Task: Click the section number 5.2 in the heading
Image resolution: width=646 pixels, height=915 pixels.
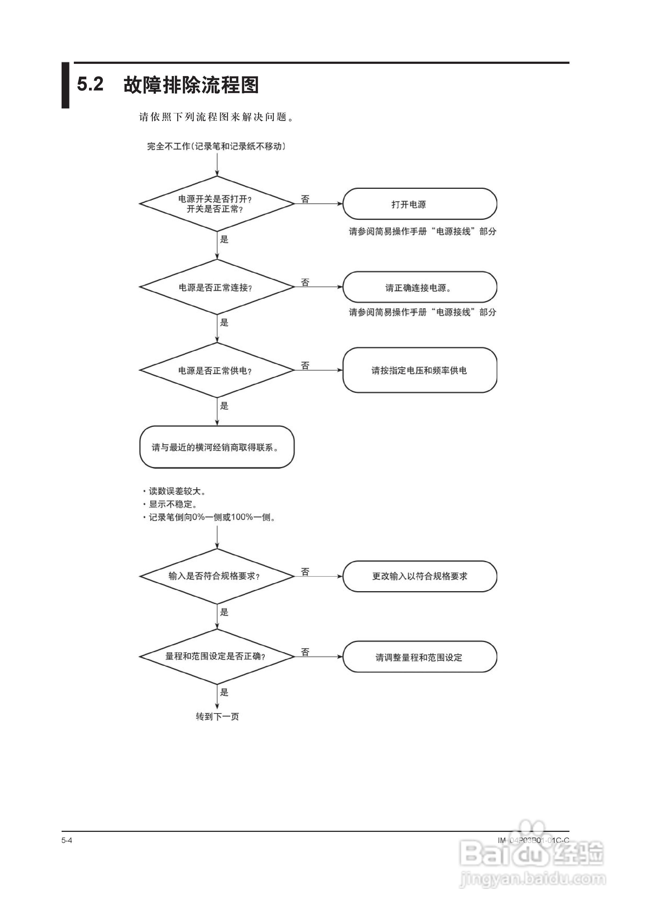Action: [90, 84]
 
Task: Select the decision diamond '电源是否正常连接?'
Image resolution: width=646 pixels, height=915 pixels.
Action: [217, 287]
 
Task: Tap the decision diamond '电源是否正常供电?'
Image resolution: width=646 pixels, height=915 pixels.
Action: [217, 370]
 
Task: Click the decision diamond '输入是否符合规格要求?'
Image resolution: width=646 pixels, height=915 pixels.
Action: [217, 576]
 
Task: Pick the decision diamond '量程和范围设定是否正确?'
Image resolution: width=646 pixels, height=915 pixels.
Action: [217, 656]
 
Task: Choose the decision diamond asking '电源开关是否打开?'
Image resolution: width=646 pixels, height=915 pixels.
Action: [217, 204]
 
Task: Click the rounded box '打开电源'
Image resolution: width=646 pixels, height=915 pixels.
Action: [420, 204]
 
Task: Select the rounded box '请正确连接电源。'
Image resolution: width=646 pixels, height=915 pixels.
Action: [420, 287]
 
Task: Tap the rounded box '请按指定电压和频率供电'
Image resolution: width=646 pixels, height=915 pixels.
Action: [420, 370]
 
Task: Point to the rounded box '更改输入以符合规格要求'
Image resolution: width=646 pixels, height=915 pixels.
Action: [420, 576]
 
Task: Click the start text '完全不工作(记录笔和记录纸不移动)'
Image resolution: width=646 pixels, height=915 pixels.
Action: [217, 146]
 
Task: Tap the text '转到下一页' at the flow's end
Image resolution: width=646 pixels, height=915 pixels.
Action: [217, 716]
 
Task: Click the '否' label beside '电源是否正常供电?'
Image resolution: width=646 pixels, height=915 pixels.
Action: [305, 365]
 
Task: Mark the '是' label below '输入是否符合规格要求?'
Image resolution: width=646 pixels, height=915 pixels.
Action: [224, 612]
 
